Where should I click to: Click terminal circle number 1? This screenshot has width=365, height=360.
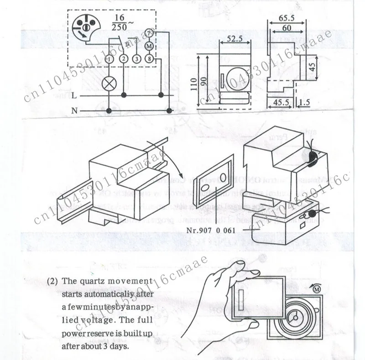click(109, 59)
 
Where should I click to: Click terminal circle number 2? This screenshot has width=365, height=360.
click(123, 59)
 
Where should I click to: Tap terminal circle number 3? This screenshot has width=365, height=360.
click(136, 59)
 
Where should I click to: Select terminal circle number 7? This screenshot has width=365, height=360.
click(149, 33)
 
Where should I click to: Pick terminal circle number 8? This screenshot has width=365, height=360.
click(149, 59)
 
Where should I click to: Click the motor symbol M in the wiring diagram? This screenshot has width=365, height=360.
click(149, 46)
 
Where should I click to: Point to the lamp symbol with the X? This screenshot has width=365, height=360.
click(109, 83)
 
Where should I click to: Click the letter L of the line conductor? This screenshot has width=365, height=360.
click(74, 95)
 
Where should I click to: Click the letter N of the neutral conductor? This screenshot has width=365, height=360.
click(74, 110)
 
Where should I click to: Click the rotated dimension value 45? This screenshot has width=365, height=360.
click(312, 66)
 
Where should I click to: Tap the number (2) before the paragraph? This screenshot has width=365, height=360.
click(52, 281)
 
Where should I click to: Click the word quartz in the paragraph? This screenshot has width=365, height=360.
click(88, 281)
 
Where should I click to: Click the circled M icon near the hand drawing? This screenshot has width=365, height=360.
click(318, 289)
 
